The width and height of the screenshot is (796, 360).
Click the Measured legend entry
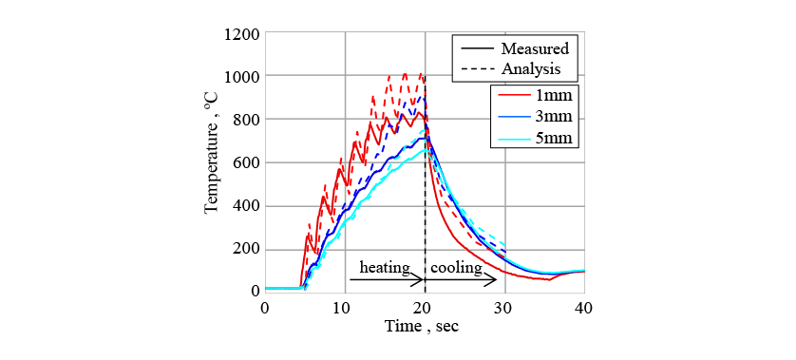[515, 48]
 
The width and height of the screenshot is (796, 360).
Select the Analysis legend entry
[511, 68]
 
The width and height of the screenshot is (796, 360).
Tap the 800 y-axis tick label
[246, 120]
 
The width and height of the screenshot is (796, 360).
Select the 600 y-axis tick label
[246, 163]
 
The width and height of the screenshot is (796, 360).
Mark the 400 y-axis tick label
[246, 207]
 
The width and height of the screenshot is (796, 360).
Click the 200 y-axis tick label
[246, 250]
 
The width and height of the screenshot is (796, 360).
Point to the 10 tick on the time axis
[345, 308]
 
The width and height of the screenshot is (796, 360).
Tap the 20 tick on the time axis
[425, 308]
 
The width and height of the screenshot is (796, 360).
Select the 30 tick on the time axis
[504, 308]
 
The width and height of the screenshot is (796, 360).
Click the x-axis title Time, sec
[422, 326]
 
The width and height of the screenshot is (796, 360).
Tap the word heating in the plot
[385, 268]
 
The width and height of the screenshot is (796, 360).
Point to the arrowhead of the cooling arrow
[495, 280]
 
